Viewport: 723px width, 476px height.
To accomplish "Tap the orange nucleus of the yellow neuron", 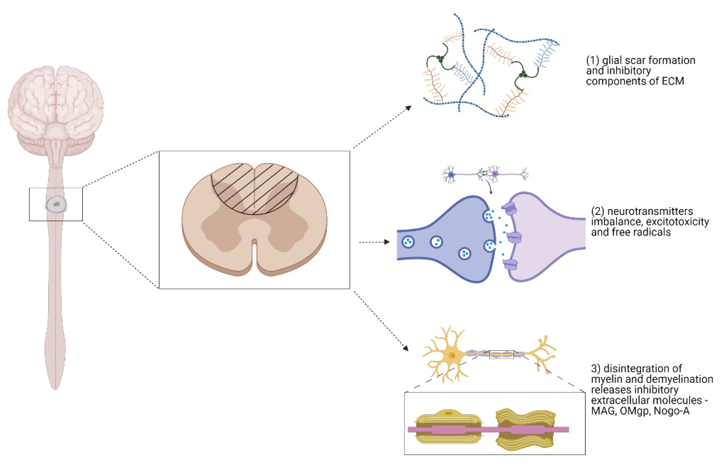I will (452, 355).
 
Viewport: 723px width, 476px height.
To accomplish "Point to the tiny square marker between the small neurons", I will (485, 173).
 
